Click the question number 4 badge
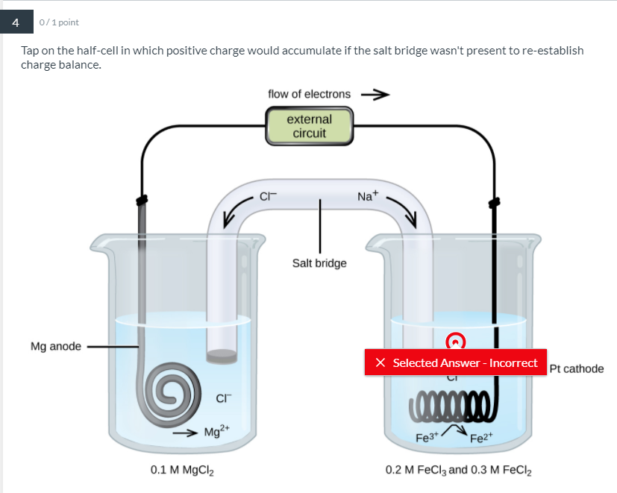[x=14, y=22]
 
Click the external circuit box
[x=309, y=126]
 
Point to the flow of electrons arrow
[x=375, y=95]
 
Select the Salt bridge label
[x=319, y=263]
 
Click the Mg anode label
[x=56, y=347]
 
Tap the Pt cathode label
[x=576, y=368]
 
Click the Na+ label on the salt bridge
[x=368, y=196]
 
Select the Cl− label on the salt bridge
[x=268, y=197]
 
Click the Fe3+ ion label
[x=426, y=439]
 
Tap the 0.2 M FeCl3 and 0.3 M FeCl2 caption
[x=459, y=471]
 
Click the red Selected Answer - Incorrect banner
[x=455, y=362]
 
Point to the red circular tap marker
[x=455, y=341]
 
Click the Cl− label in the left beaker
[x=222, y=398]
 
